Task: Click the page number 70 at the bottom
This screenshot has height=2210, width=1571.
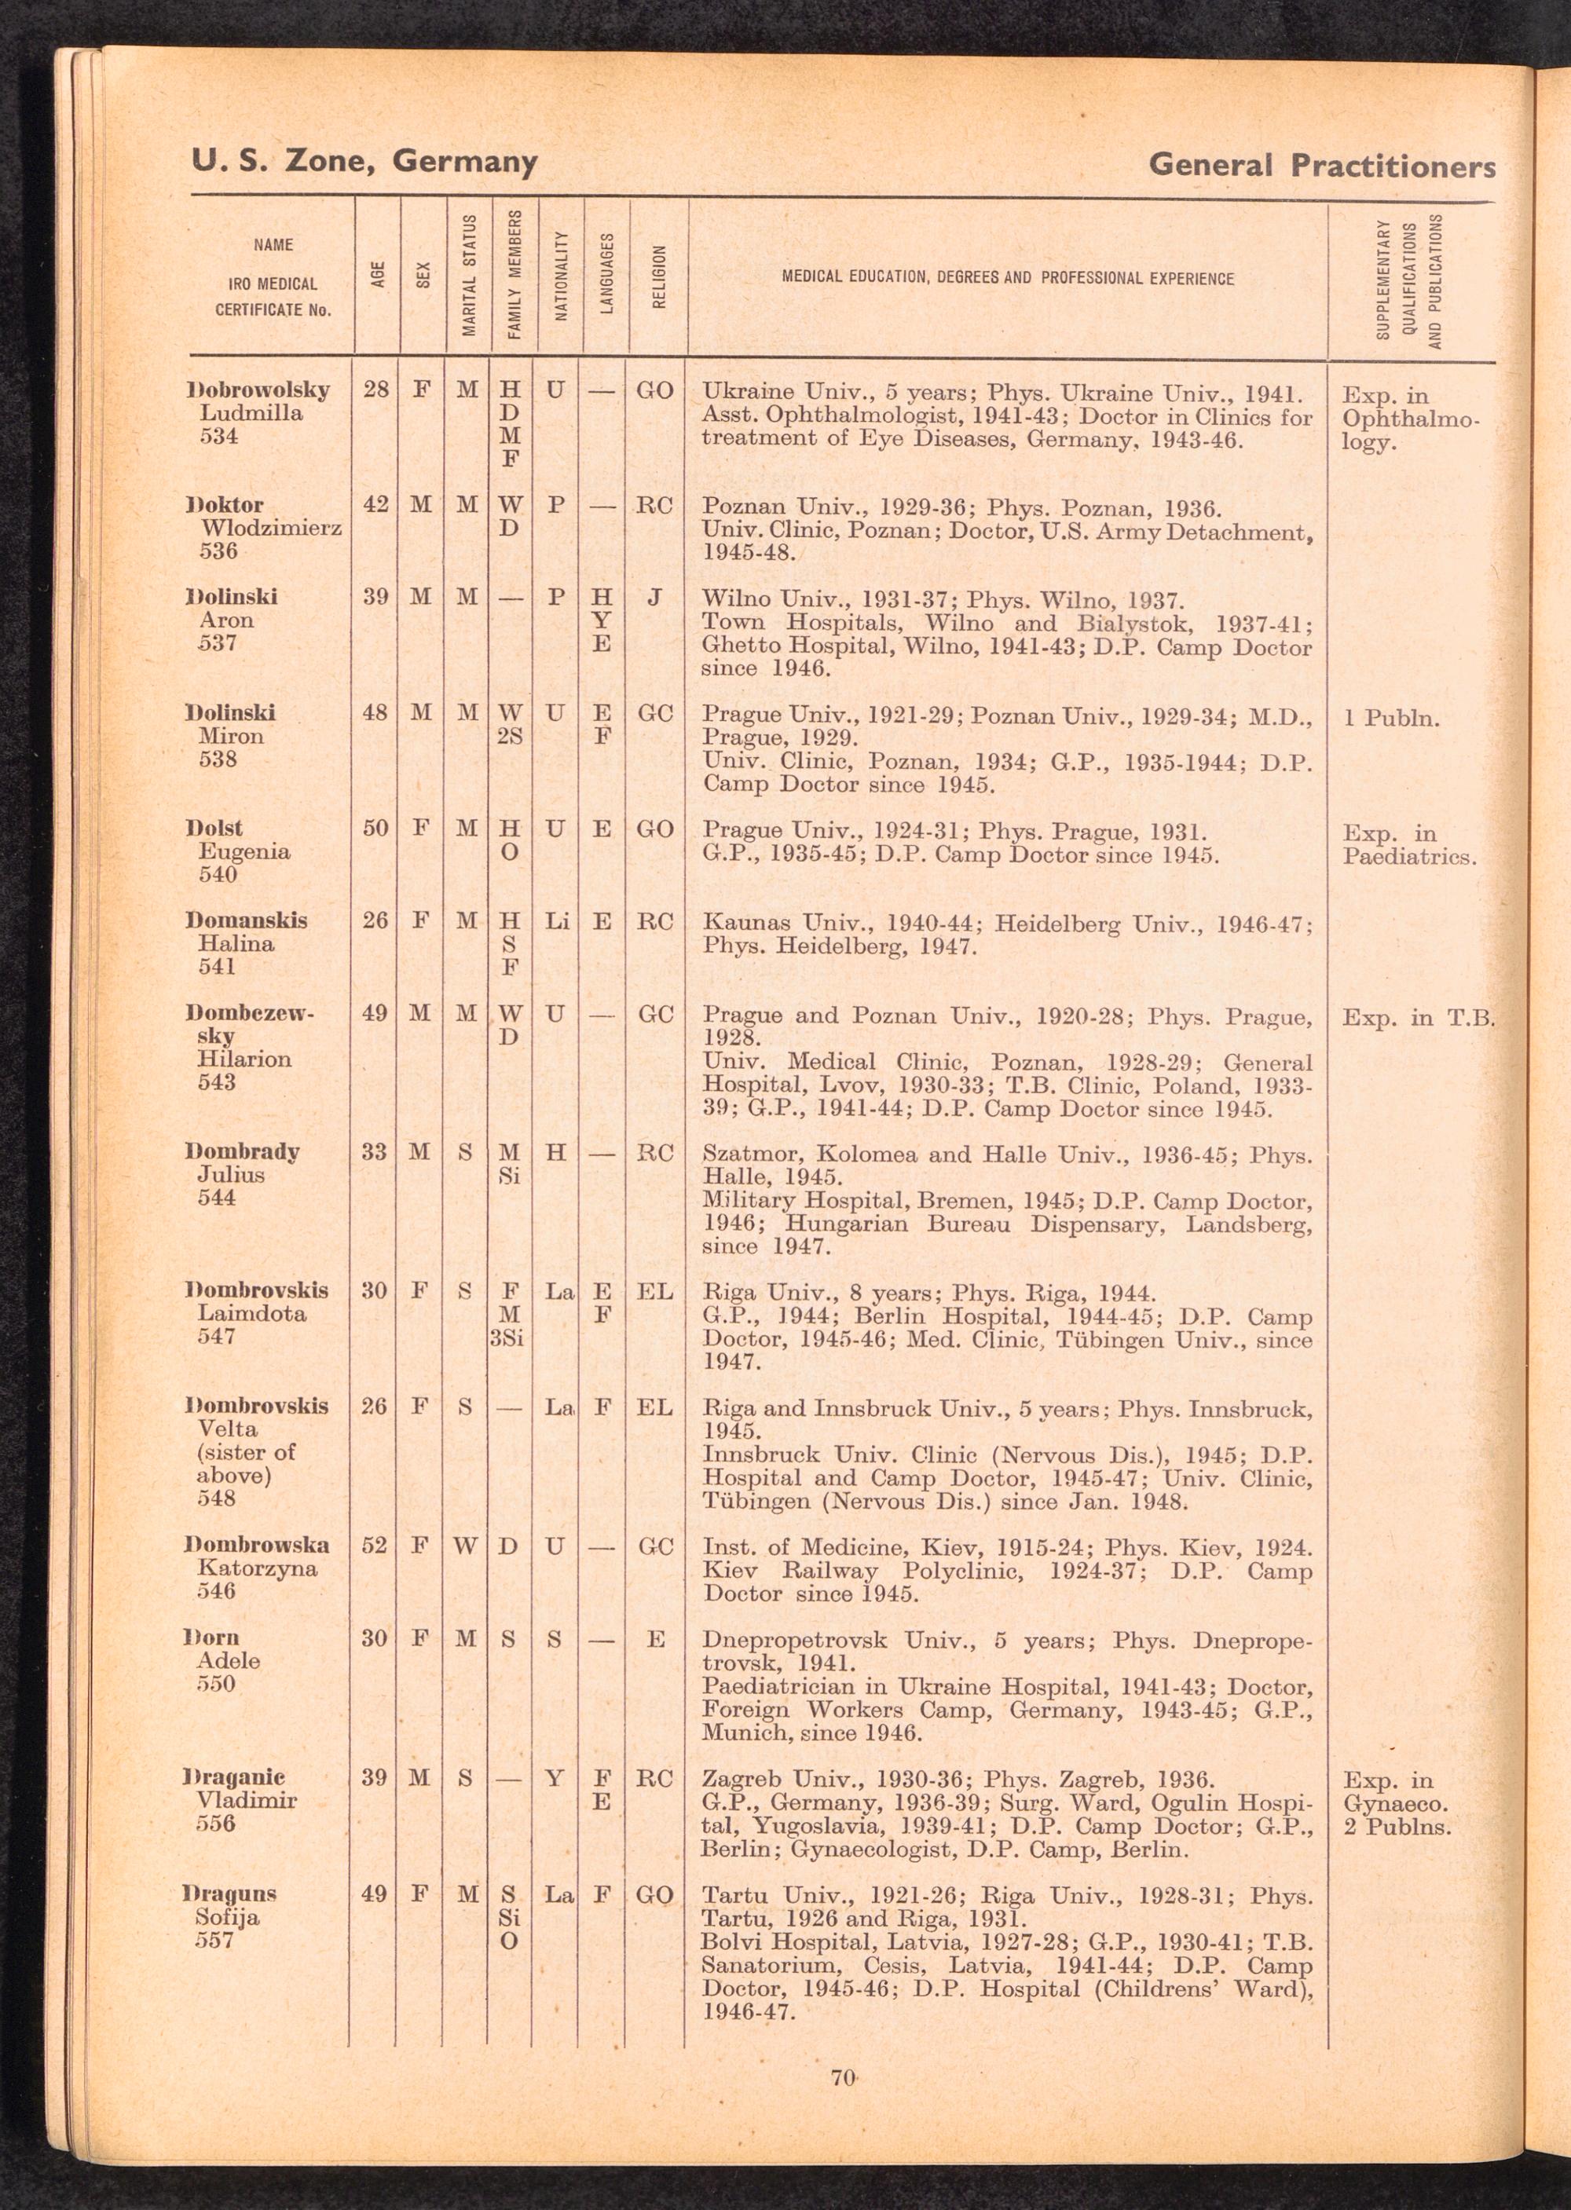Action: pyautogui.click(x=841, y=2076)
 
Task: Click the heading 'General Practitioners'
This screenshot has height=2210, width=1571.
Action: pyautogui.click(x=1321, y=166)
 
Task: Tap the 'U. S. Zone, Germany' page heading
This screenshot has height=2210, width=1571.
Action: pyautogui.click(x=364, y=160)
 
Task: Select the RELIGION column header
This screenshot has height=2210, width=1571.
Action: pyautogui.click(x=659, y=276)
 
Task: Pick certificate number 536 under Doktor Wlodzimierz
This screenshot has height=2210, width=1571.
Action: pyautogui.click(x=218, y=551)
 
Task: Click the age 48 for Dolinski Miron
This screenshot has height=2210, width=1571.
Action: pyautogui.click(x=375, y=713)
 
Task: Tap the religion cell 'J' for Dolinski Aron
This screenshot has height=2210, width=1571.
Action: pyautogui.click(x=655, y=598)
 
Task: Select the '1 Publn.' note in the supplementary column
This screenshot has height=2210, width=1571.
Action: pyautogui.click(x=1391, y=719)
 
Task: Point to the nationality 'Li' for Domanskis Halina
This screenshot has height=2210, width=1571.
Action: pyautogui.click(x=556, y=920)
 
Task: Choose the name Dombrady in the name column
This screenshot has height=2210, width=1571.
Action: pyautogui.click(x=243, y=1152)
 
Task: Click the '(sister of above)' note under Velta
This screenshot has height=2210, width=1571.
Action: pyautogui.click(x=246, y=1463)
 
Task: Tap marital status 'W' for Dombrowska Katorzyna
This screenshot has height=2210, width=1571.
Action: pyautogui.click(x=465, y=1546)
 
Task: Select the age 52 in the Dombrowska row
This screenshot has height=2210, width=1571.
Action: pyautogui.click(x=375, y=1546)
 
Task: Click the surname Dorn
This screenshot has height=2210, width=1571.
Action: pyautogui.click(x=212, y=1637)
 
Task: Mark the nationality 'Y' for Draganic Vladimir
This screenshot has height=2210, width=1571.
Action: pyautogui.click(x=555, y=1778)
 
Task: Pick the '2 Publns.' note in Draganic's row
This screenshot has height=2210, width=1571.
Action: pyautogui.click(x=1397, y=1827)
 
